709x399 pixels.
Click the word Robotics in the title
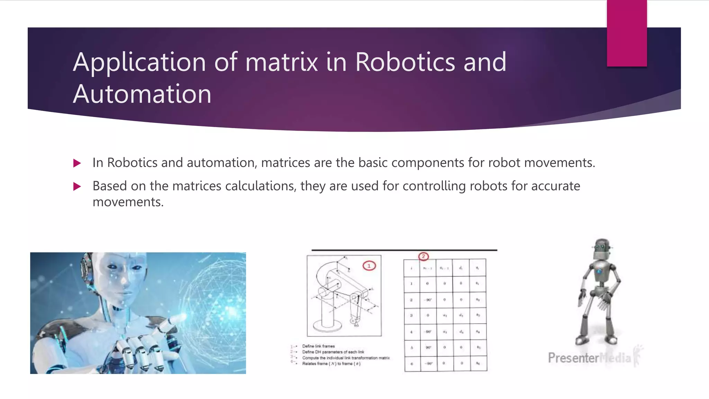point(405,62)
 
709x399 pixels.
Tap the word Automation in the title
point(142,94)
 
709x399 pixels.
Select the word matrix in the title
point(281,62)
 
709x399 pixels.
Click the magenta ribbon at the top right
point(627,33)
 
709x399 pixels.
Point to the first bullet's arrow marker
point(77,163)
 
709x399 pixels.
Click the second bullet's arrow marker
point(77,187)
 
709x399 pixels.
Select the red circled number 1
point(369,266)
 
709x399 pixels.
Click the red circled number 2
point(423,257)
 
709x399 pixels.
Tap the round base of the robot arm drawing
point(327,326)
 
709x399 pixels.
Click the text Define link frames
point(318,346)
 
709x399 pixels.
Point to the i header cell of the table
point(411,268)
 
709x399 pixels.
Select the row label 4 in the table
point(411,332)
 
